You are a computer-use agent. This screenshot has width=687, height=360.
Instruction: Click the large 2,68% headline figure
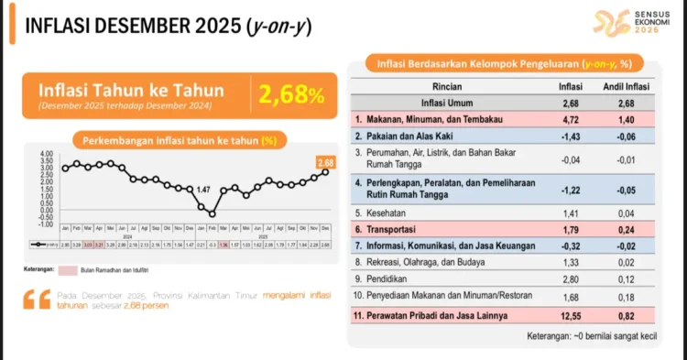pos(290,93)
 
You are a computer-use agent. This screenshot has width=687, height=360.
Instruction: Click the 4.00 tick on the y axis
pos(47,153)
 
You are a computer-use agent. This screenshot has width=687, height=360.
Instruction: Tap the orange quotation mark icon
pos(38,299)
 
